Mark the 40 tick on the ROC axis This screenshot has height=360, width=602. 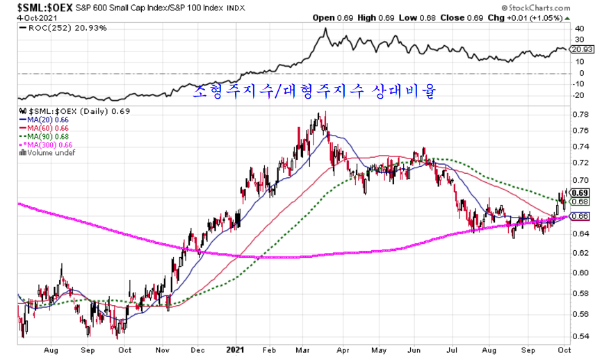click(578, 28)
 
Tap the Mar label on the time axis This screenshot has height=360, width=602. click(304, 352)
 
